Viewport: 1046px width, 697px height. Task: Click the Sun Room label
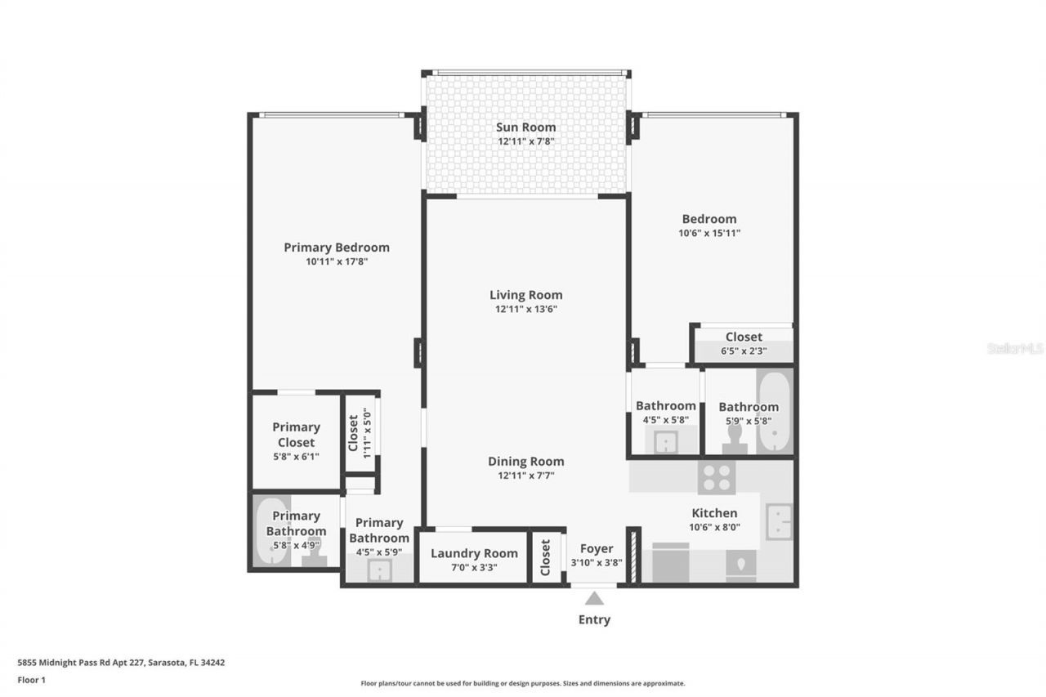526,127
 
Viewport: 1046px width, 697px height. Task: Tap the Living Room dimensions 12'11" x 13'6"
526,309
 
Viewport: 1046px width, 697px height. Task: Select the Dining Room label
526,461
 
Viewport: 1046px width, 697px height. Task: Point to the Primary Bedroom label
337,247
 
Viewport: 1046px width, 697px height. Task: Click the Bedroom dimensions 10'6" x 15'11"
709,233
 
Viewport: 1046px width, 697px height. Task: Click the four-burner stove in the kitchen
717,477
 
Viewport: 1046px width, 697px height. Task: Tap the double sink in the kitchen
778,521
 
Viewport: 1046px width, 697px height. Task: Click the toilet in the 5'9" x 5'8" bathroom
735,439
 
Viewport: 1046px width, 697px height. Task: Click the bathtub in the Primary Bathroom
270,532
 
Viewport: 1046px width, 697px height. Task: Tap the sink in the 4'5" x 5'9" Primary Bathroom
378,570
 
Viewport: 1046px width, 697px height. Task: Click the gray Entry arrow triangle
594,598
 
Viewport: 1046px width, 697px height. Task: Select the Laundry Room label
474,553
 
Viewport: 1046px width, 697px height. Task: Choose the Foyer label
597,548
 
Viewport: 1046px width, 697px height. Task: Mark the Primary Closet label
296,434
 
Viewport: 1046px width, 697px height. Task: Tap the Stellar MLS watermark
1015,348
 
